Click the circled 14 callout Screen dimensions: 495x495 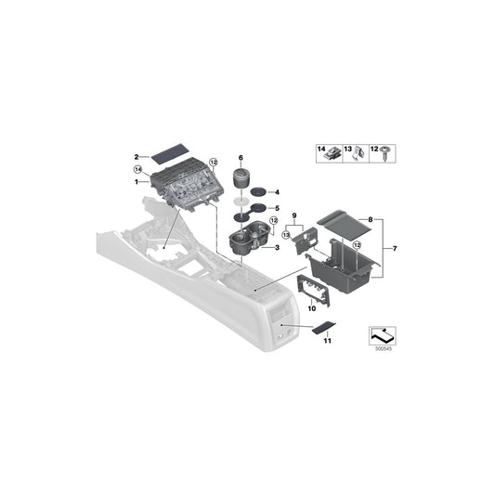point(137,171)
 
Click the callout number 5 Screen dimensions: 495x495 point(275,208)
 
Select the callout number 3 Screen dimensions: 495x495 point(275,249)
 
